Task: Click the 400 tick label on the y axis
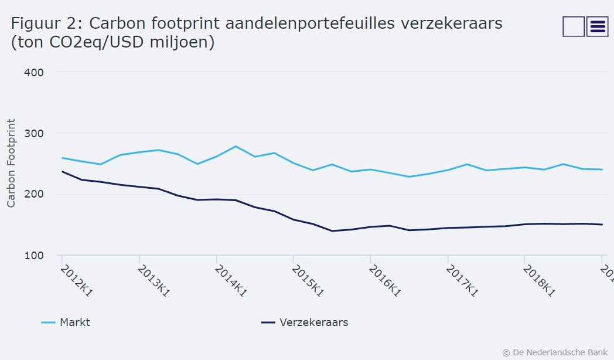34,72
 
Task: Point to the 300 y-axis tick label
34,133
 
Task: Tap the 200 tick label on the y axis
34,194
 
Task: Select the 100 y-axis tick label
34,255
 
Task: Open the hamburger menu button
597,26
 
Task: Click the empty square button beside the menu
573,26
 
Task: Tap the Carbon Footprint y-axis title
11,163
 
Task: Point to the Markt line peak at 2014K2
236,146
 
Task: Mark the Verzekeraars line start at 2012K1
62,172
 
